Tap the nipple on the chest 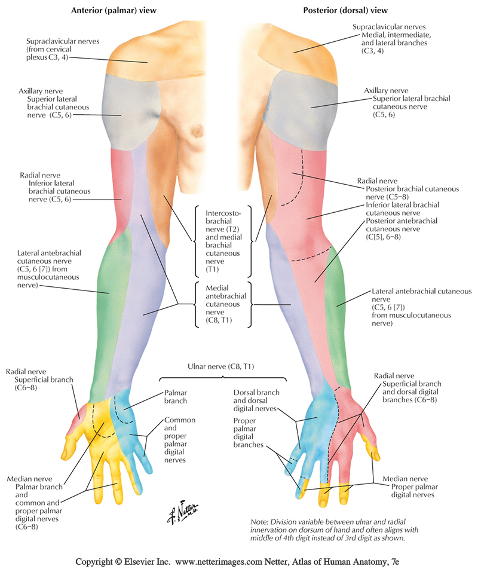pos(194,130)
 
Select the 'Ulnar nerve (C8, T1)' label pos(222,366)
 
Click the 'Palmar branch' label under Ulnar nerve pos(171,397)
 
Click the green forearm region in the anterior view pos(108,293)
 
